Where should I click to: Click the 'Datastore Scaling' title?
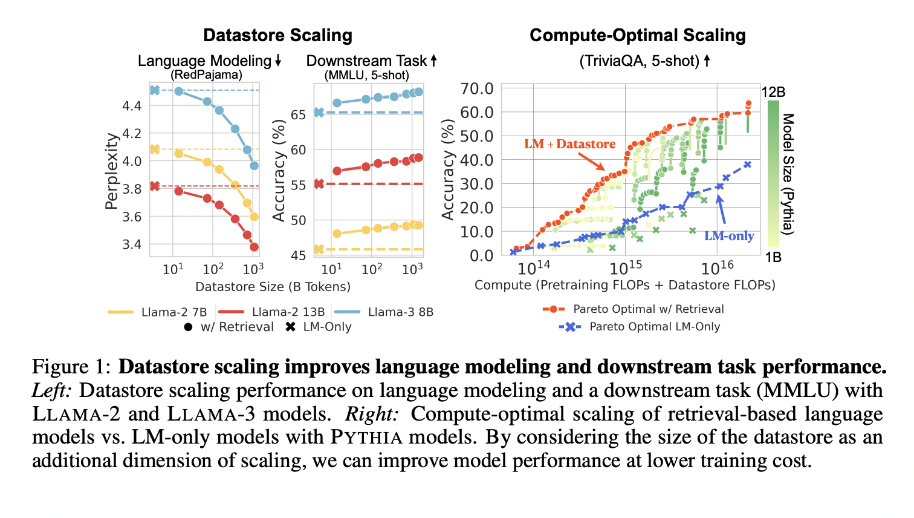(x=277, y=35)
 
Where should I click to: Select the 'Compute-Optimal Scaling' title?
(x=637, y=35)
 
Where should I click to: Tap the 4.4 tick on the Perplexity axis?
(x=132, y=106)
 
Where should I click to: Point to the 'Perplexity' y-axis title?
(x=111, y=171)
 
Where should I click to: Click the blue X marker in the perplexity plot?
(x=155, y=90)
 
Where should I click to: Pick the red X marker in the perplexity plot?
(x=155, y=186)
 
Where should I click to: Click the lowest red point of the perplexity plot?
(x=254, y=247)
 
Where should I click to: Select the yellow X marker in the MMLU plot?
(x=319, y=249)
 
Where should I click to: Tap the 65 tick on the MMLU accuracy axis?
(x=298, y=114)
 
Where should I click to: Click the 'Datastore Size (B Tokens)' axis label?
(x=273, y=286)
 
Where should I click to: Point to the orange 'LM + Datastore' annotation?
(x=569, y=144)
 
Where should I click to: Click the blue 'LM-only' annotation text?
(x=729, y=236)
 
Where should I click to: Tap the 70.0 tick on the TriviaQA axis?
(x=477, y=89)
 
